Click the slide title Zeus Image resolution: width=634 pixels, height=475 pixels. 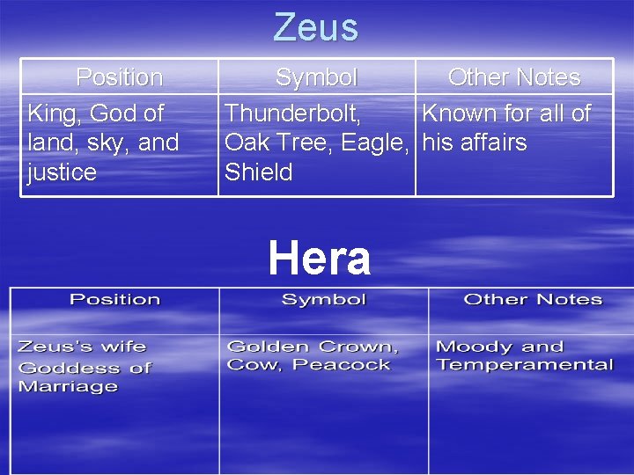[316, 27]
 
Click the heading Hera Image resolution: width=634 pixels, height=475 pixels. [319, 259]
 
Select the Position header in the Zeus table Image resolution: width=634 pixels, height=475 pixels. [120, 77]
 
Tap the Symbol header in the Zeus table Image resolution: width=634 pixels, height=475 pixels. [316, 77]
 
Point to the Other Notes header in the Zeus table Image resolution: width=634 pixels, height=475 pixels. [514, 77]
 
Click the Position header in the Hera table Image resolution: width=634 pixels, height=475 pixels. [114, 300]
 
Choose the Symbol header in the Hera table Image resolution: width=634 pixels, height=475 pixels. [323, 300]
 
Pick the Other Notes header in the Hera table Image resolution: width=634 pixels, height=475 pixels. [533, 300]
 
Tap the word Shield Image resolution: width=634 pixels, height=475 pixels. [258, 172]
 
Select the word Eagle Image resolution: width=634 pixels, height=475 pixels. [375, 142]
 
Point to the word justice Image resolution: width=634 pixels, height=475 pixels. [62, 172]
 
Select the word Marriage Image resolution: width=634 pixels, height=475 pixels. [68, 386]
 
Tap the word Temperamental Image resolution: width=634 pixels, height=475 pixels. [525, 365]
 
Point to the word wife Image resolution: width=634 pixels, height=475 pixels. [122, 347]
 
